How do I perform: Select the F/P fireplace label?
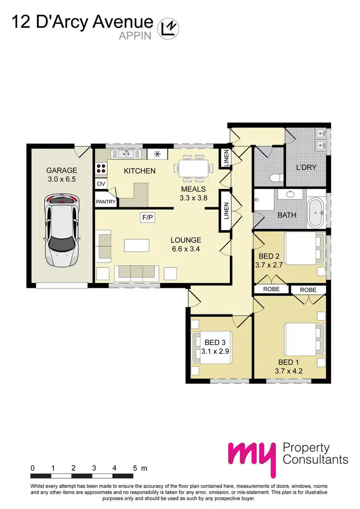tap(147, 217)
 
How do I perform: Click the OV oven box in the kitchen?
tap(101, 184)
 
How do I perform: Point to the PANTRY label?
tap(106, 202)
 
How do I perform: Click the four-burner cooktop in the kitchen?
tap(101, 168)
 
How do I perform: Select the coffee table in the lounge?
tap(137, 246)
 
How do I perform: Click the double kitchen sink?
tap(127, 154)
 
